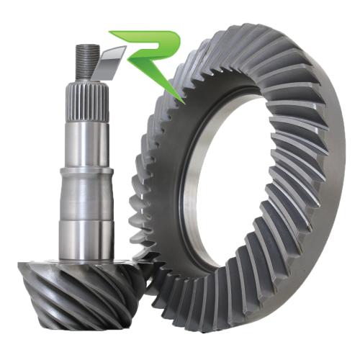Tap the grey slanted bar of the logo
pyautogui.click(x=111, y=63)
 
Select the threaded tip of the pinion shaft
pyautogui.click(x=88, y=63)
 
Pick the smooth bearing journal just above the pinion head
pyautogui.click(x=86, y=240)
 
